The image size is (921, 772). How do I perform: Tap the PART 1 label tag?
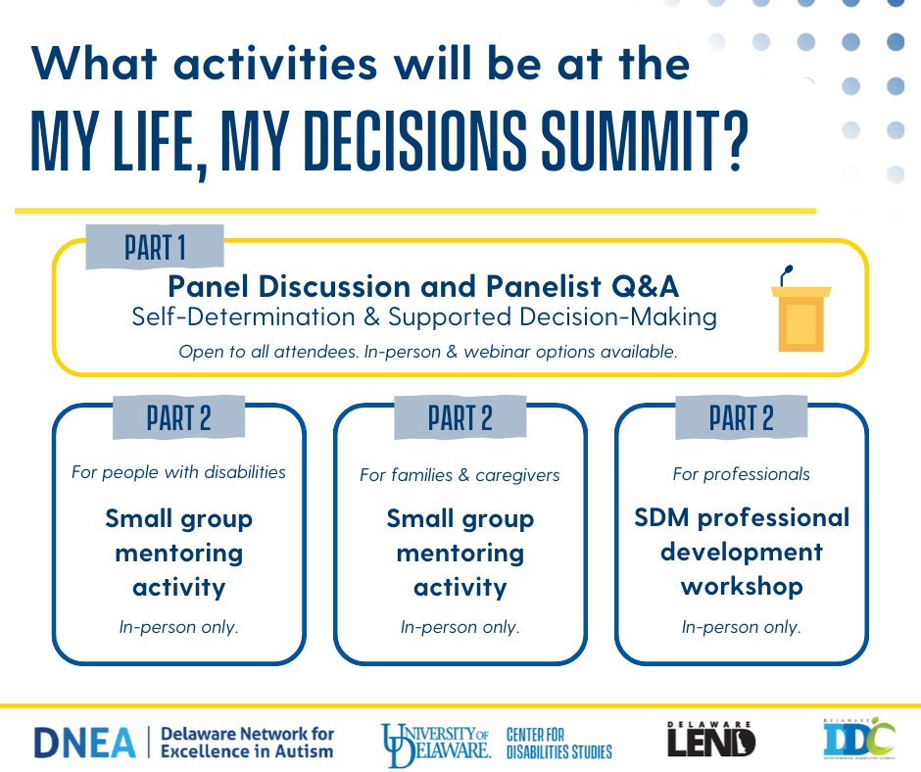pyautogui.click(x=155, y=247)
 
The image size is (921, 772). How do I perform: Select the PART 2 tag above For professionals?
pyautogui.click(x=741, y=418)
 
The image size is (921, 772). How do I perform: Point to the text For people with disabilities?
pyautogui.click(x=178, y=472)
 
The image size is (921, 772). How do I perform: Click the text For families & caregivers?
pyautogui.click(x=460, y=475)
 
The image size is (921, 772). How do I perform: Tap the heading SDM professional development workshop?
pyautogui.click(x=741, y=552)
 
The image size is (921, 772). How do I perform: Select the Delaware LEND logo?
pyautogui.click(x=709, y=740)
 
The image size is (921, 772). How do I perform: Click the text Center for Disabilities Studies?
pyautogui.click(x=558, y=743)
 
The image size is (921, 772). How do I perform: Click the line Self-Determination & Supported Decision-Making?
pyautogui.click(x=423, y=317)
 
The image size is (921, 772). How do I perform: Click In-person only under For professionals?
pyautogui.click(x=741, y=627)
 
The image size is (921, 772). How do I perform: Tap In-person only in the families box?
pyautogui.click(x=460, y=627)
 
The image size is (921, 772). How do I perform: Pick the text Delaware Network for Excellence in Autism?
pyautogui.click(x=247, y=742)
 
